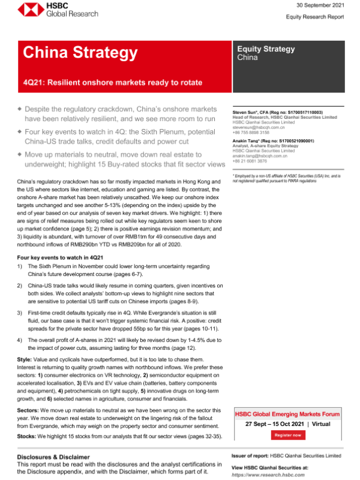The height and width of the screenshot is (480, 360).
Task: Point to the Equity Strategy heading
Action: coord(266,49)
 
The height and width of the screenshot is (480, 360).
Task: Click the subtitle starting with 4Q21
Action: coord(113,82)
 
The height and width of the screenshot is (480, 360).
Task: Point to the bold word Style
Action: coord(26,359)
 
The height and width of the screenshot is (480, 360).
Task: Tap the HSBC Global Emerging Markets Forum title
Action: coord(290,415)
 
